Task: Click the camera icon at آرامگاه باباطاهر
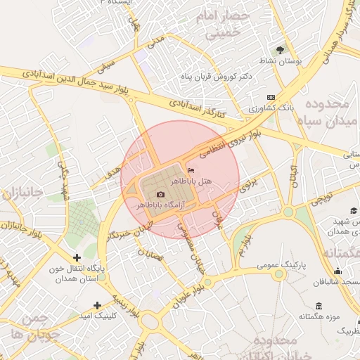(x=161, y=194)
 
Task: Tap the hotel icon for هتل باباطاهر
(x=192, y=170)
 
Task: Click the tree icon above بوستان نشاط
(x=281, y=50)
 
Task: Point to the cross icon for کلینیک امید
(x=97, y=305)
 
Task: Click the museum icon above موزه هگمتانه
(x=319, y=307)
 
